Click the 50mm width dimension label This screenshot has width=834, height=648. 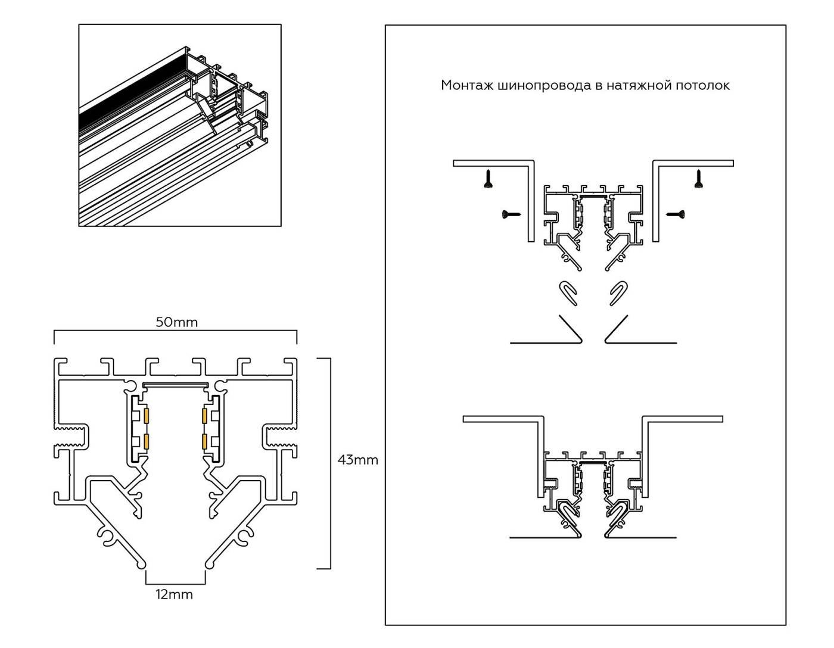(x=176, y=322)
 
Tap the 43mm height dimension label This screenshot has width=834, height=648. (x=357, y=460)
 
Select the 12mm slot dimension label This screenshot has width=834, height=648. (x=175, y=594)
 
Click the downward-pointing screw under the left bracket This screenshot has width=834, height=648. (x=488, y=179)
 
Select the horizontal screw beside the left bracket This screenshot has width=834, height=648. (x=512, y=213)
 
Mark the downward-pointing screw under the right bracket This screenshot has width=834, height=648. (x=698, y=179)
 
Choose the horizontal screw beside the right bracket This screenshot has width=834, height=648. (x=675, y=213)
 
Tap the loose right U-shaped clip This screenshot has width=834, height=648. (x=619, y=292)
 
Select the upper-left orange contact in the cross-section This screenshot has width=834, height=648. (x=146, y=415)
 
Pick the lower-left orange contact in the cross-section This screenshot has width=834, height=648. (x=146, y=441)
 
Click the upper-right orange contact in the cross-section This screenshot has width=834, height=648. (x=205, y=415)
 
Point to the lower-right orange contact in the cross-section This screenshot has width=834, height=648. (x=205, y=441)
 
